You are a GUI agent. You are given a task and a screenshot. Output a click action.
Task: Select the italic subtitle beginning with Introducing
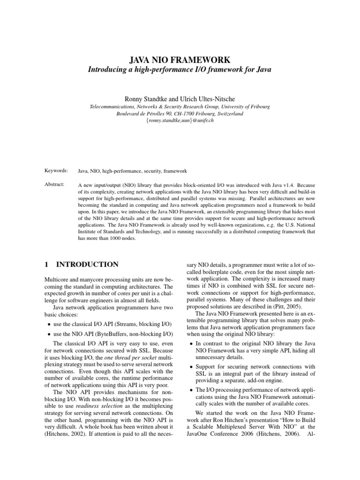pos(180,69)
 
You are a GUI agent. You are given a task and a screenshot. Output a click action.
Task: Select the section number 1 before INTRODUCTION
pos(46,264)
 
